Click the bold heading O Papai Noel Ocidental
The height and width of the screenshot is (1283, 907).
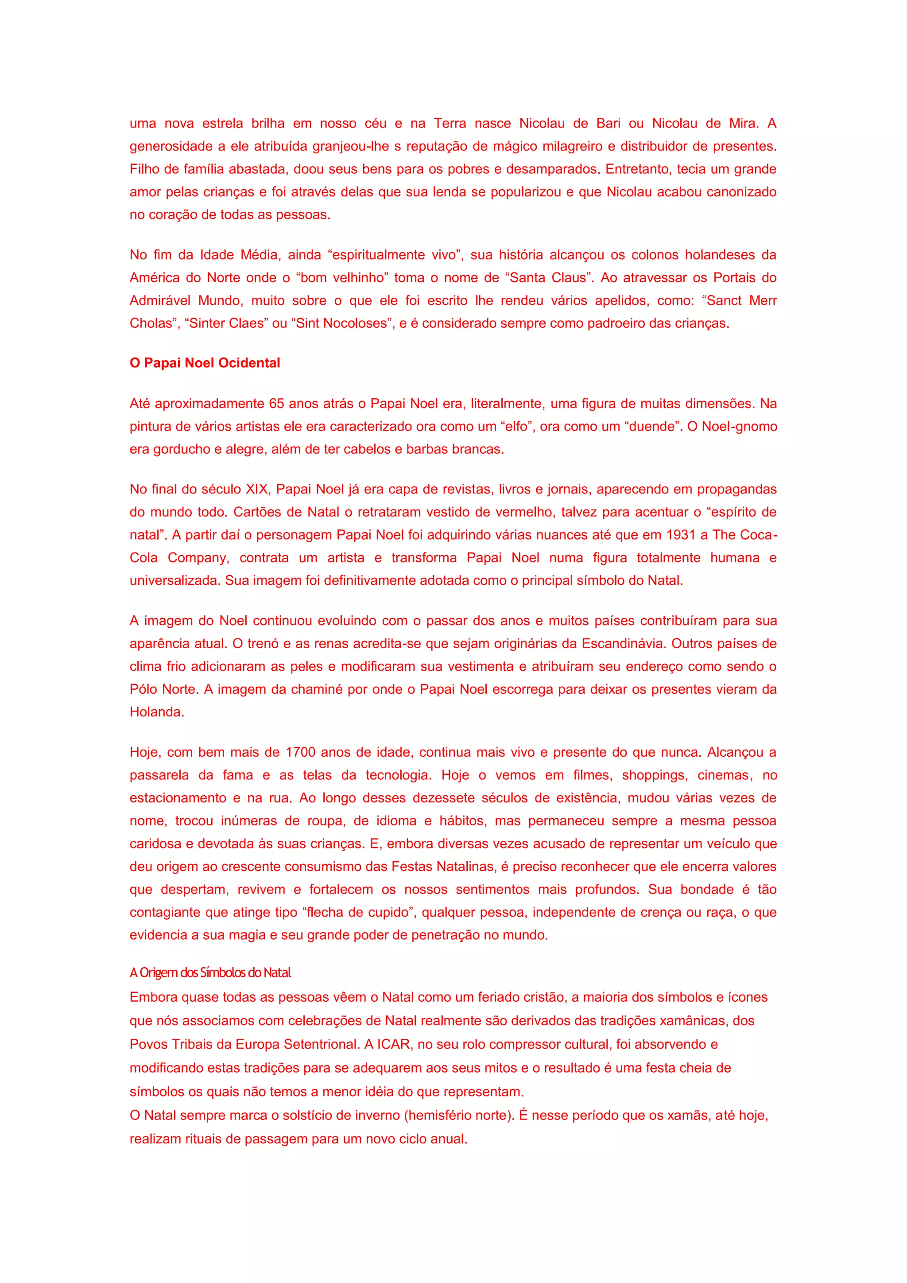coord(205,363)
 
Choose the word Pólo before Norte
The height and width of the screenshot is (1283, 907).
coord(143,689)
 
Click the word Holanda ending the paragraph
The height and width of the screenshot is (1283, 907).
coord(156,712)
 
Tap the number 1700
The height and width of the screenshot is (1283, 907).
coord(300,753)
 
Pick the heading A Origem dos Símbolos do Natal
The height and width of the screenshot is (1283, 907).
coord(210,973)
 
